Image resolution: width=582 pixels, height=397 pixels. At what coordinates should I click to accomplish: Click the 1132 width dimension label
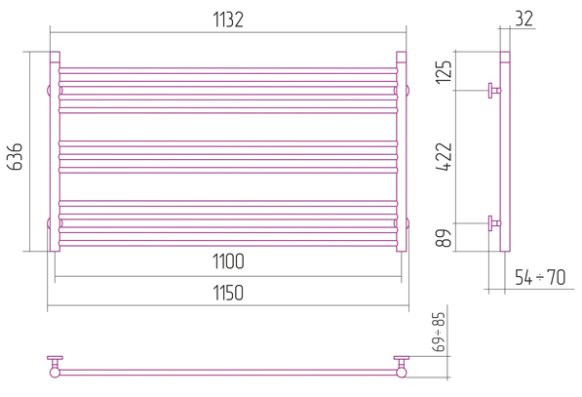(228, 20)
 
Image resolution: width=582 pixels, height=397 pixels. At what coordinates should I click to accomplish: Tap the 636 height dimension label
(16, 156)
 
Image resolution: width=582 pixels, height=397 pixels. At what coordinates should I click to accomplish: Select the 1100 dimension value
(228, 261)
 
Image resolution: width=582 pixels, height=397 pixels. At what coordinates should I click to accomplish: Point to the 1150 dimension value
(228, 293)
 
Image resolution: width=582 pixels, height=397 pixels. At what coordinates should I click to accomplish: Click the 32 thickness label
(524, 19)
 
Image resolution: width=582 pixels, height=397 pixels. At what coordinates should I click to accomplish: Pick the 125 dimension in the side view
(444, 71)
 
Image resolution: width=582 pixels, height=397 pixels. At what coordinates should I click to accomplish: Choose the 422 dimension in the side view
(444, 157)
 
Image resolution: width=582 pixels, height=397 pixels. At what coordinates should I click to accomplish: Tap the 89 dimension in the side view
(444, 238)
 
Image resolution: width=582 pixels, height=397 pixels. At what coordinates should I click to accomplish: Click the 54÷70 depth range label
(540, 277)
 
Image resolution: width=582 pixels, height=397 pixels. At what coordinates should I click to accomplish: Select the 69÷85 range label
(439, 332)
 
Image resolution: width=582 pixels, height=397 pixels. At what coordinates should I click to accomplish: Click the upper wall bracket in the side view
(494, 91)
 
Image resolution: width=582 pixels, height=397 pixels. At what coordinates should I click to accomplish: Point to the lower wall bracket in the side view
(494, 223)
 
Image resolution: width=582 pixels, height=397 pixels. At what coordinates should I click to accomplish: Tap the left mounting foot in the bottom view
(55, 367)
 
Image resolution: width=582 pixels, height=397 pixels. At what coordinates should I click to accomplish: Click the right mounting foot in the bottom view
(402, 367)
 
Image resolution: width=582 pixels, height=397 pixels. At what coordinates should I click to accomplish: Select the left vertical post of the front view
(55, 151)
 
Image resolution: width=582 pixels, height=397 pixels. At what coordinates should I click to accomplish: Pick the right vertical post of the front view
(402, 151)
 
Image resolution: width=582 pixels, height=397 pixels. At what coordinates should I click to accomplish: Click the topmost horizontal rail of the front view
(228, 70)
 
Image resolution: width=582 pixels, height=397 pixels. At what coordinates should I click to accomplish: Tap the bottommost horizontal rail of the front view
(228, 243)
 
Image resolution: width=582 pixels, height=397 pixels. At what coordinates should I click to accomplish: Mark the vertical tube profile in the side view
(505, 151)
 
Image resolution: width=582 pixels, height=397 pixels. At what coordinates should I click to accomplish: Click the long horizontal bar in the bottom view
(228, 372)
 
